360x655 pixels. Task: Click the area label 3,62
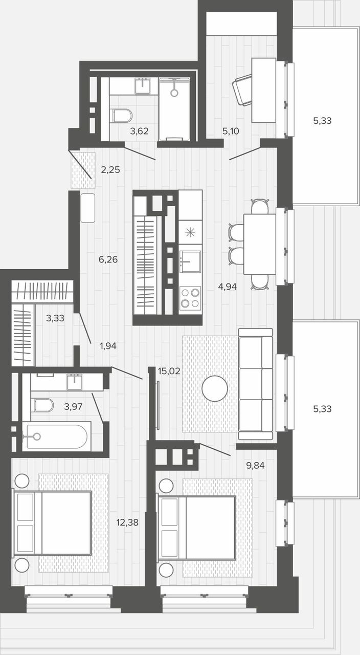click(140, 131)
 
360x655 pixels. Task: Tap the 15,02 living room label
click(169, 372)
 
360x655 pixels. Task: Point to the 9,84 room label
click(255, 465)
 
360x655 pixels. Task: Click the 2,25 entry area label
click(110, 169)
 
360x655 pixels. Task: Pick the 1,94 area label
click(108, 346)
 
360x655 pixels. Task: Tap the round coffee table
click(215, 388)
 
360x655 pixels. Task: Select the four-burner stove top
click(190, 298)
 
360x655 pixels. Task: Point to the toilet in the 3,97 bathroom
click(44, 405)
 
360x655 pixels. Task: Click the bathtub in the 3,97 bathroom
click(57, 436)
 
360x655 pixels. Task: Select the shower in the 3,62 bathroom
click(174, 109)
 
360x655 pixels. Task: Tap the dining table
click(260, 244)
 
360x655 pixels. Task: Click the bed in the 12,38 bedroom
click(52, 522)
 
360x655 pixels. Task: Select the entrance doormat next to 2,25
click(83, 170)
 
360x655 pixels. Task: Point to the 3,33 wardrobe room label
click(55, 318)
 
